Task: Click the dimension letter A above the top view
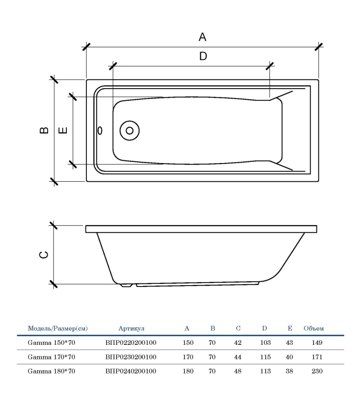point(202,37)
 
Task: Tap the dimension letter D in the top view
point(203,57)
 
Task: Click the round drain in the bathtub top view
point(130,131)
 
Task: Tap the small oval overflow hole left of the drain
point(100,131)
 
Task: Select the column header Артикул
point(131,328)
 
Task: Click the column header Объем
point(314,328)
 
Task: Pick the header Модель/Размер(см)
point(58,328)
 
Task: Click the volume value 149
point(317,343)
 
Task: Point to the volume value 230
point(317,371)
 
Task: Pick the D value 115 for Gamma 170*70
point(265,357)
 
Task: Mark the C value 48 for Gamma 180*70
point(237,371)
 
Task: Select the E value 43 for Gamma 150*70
point(290,343)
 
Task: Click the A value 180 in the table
point(188,371)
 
